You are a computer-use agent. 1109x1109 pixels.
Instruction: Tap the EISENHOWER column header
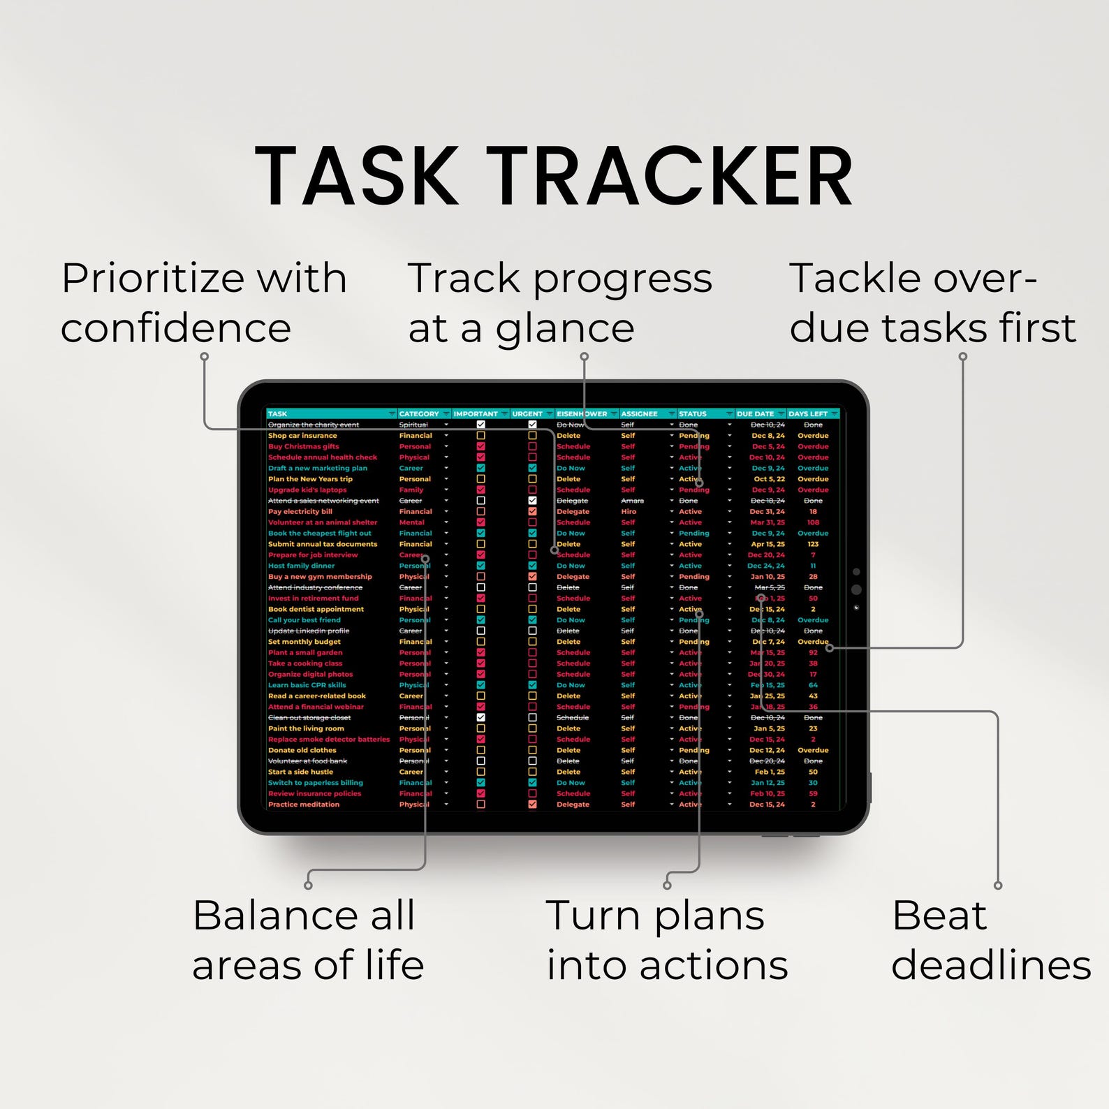(x=581, y=413)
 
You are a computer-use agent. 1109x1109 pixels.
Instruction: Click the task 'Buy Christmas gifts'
(x=303, y=446)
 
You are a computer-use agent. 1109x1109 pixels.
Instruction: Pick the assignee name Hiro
(x=629, y=511)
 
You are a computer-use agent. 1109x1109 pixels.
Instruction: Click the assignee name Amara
(x=632, y=501)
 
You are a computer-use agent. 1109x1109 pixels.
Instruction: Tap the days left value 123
(x=813, y=544)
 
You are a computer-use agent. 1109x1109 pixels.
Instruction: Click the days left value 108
(x=813, y=522)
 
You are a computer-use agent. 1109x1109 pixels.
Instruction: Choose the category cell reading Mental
(x=411, y=522)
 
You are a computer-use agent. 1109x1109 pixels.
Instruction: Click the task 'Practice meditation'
(x=303, y=805)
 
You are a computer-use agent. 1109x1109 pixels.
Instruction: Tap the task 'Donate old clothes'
(x=302, y=750)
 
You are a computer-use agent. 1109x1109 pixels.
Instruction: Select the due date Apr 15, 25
(x=768, y=544)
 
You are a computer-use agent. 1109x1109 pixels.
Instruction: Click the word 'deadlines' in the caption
(x=990, y=965)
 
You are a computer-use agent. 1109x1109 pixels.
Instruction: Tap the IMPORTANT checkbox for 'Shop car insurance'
(x=480, y=436)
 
